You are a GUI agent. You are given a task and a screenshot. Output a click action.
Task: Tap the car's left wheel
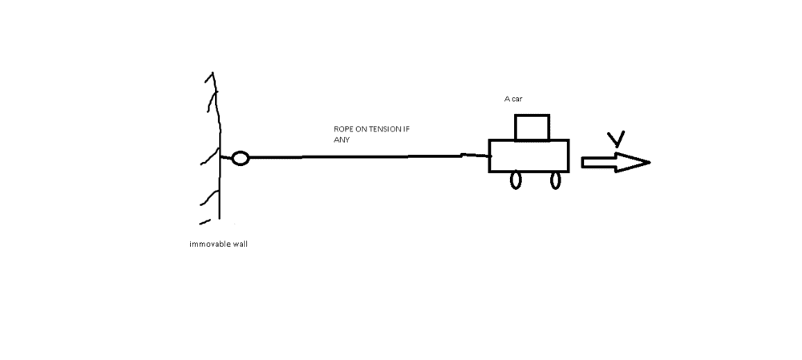coord(512,180)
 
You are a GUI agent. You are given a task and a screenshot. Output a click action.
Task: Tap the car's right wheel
coord(551,180)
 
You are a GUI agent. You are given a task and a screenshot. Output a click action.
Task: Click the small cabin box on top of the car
coord(516,127)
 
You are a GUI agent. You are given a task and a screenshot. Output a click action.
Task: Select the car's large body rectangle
coord(489,156)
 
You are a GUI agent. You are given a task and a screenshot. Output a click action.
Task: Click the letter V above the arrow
coord(616,139)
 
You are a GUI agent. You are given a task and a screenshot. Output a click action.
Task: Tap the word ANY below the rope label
coord(341,140)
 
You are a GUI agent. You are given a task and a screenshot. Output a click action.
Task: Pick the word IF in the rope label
coord(406,129)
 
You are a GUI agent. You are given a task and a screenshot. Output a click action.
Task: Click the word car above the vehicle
coord(516,99)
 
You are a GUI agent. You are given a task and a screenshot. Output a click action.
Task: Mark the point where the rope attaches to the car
coord(490,156)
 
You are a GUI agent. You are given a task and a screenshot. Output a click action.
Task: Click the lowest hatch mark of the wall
coord(205,222)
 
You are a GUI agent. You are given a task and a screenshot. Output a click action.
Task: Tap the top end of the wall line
coord(213,73)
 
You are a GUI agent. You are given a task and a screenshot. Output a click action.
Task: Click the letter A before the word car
coord(507,99)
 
